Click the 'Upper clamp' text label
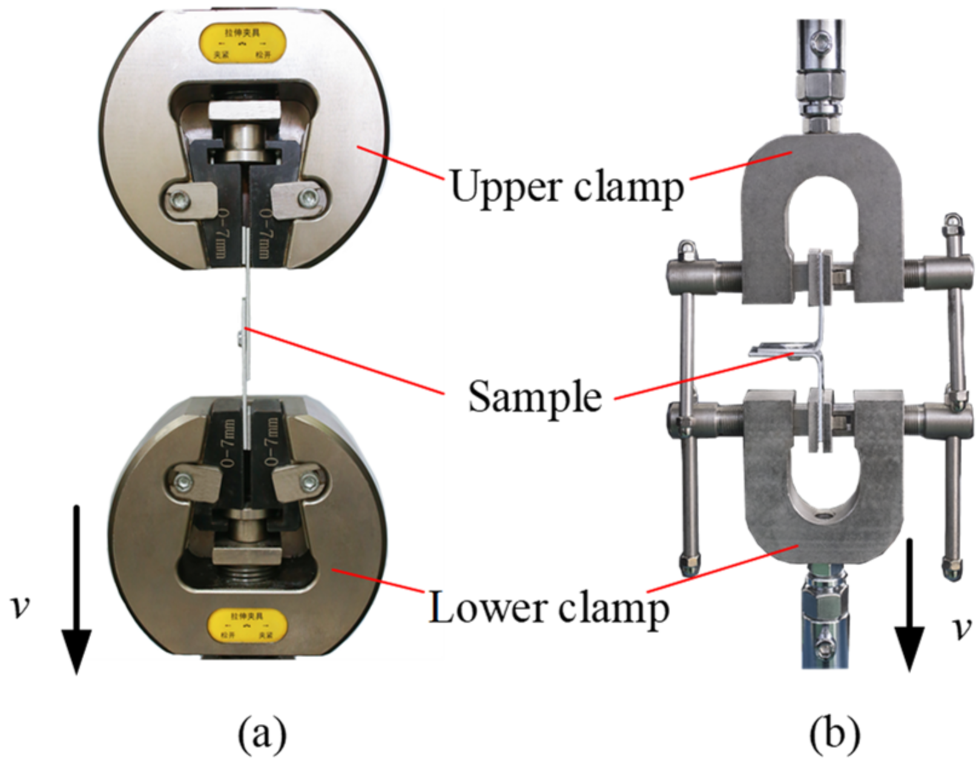tap(567, 186)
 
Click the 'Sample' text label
tap(535, 397)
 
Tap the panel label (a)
tap(262, 735)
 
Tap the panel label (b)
tap(835, 735)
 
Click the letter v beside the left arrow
tap(21, 606)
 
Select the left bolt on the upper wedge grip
tap(179, 199)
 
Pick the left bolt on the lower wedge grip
tap(182, 482)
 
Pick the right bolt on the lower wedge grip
tap(309, 482)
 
